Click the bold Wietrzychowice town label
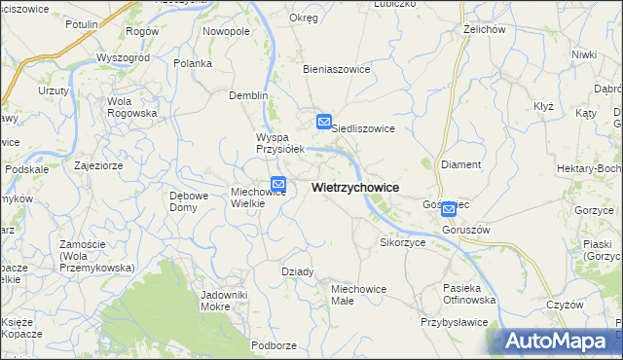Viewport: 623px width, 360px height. tap(354, 187)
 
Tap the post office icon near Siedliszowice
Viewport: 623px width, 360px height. tap(324, 122)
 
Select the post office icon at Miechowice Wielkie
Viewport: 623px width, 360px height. tap(278, 183)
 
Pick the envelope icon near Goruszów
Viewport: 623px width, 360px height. tap(449, 208)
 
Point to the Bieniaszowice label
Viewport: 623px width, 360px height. tap(336, 70)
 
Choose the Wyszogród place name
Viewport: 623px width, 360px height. tap(124, 57)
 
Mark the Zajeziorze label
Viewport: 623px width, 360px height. tap(97, 165)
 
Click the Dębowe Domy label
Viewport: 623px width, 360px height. tap(189, 201)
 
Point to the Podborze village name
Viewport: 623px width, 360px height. tap(274, 344)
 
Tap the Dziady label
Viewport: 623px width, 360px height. tap(298, 271)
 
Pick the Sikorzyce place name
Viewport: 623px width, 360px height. tap(402, 242)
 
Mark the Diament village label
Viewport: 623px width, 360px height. tap(460, 164)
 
